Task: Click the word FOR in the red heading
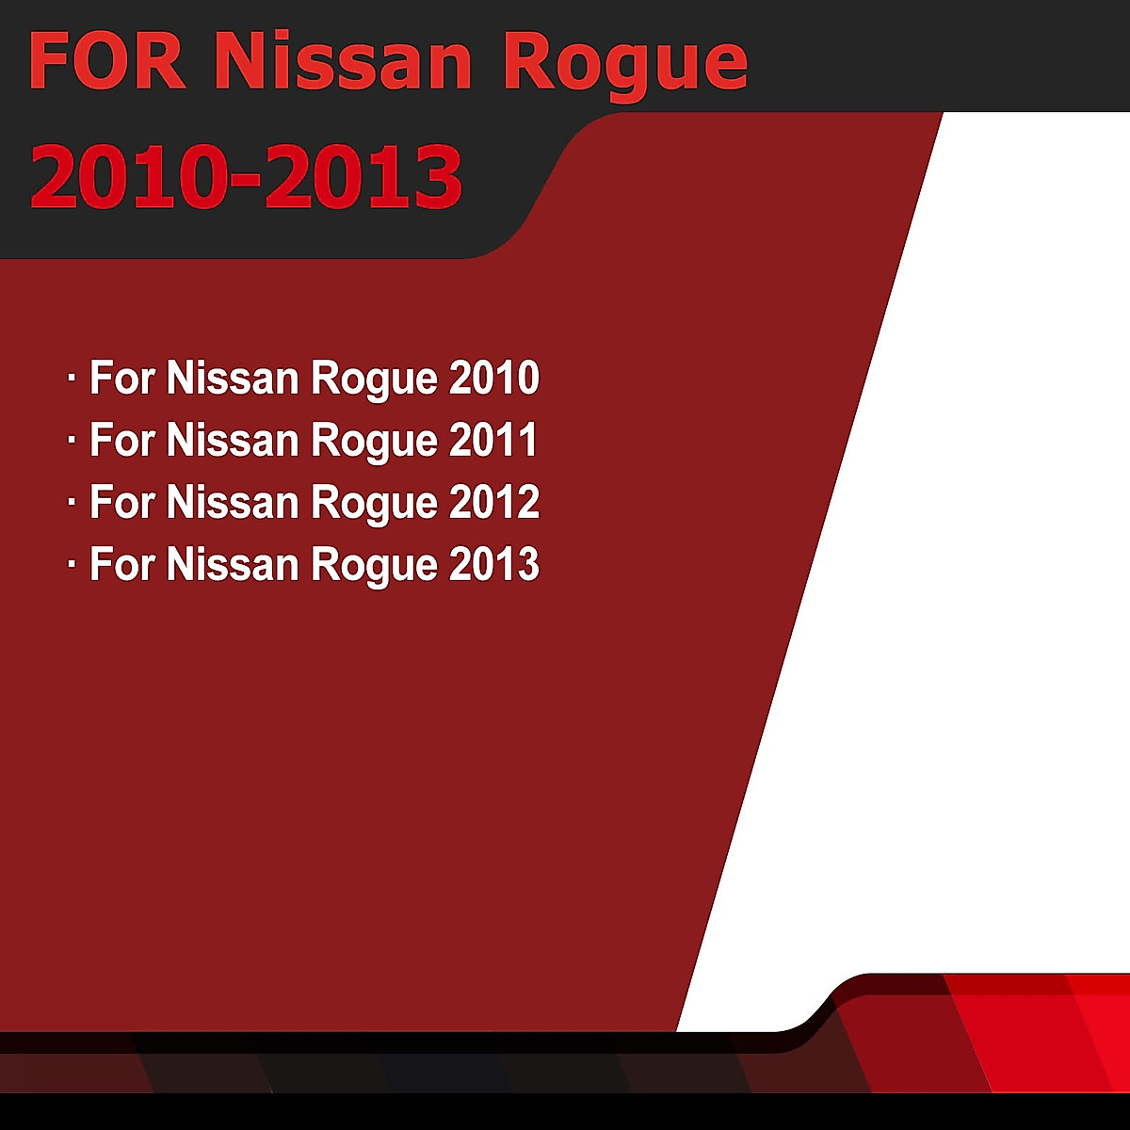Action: [107, 61]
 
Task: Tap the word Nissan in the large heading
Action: [343, 61]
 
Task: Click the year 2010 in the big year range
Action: [129, 177]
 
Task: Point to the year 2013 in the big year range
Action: [363, 177]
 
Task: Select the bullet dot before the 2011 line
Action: [72, 439]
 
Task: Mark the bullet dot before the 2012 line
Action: [72, 502]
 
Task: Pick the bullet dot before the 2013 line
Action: [72, 564]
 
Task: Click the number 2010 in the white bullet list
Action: [493, 378]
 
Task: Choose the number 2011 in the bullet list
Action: [492, 440]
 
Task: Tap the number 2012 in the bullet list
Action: [493, 502]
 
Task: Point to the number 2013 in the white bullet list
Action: [493, 564]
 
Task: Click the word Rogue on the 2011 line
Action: [374, 444]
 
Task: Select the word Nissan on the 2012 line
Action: [234, 502]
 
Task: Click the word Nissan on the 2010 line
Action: [234, 378]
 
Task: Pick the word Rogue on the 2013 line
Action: [374, 568]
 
